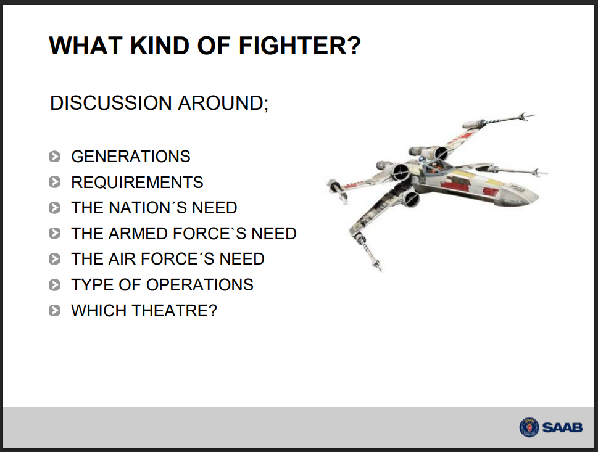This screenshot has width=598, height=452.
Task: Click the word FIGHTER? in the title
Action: (299, 46)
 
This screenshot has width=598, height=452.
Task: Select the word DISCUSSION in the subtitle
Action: (111, 103)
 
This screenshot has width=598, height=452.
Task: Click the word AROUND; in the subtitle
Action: (223, 103)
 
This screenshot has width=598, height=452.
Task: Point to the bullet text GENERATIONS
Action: (130, 157)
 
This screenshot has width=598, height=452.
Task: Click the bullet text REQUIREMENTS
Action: (137, 182)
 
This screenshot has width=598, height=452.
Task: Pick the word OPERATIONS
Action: (200, 285)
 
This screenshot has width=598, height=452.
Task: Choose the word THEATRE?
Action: (175, 311)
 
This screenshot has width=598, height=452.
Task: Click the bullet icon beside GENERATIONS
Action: (54, 157)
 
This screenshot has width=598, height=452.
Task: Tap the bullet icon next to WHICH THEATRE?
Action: (54, 311)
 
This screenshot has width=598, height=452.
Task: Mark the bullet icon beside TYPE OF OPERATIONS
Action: (54, 285)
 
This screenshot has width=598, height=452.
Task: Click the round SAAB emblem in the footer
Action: (529, 427)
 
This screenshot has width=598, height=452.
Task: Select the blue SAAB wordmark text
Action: (562, 427)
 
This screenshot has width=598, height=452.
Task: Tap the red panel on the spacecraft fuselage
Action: (455, 186)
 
